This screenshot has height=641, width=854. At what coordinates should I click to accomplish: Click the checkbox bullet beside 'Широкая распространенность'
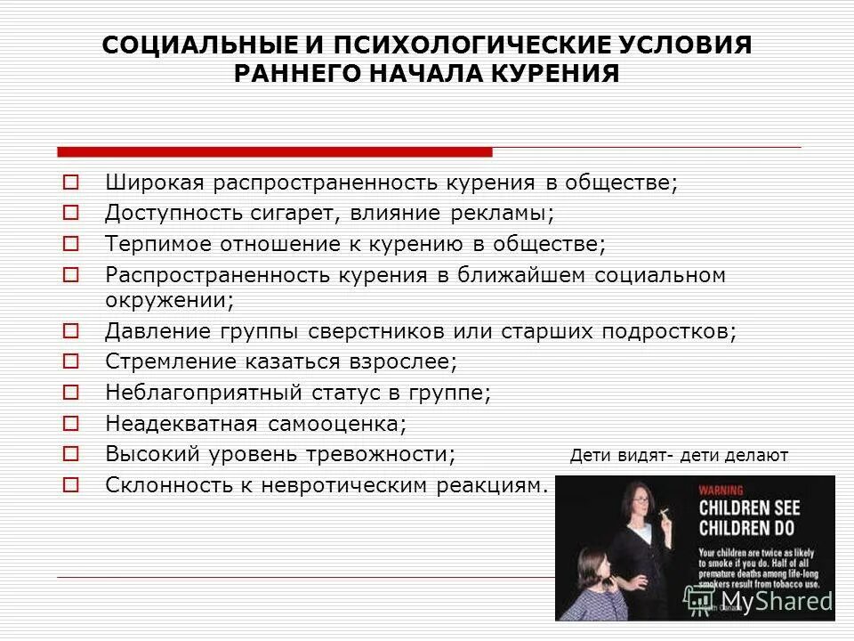(x=72, y=183)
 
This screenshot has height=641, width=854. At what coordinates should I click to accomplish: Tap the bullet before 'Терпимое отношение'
(x=72, y=243)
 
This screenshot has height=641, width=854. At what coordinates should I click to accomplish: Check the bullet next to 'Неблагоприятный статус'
(x=72, y=392)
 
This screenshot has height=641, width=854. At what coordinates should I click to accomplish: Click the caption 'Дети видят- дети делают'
(x=679, y=456)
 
